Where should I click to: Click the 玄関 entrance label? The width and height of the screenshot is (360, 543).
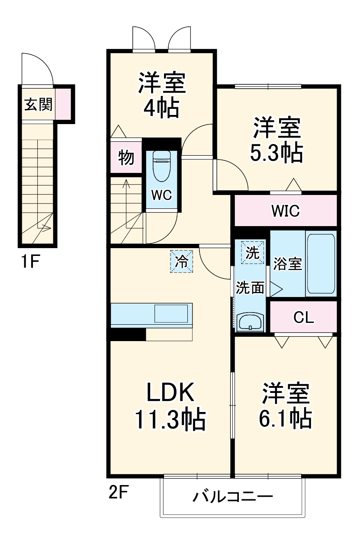pyautogui.click(x=38, y=105)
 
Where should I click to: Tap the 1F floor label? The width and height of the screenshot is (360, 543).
pyautogui.click(x=31, y=262)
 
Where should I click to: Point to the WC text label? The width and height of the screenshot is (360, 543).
pyautogui.click(x=162, y=195)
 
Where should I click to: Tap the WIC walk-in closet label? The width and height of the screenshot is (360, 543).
pyautogui.click(x=285, y=211)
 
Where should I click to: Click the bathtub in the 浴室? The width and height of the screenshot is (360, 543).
pyautogui.click(x=321, y=264)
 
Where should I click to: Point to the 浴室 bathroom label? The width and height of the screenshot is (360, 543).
pyautogui.click(x=287, y=264)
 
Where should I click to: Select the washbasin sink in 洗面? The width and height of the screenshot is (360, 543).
pyautogui.click(x=250, y=323)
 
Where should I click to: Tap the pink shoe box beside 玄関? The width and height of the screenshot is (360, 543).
pyautogui.click(x=62, y=104)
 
